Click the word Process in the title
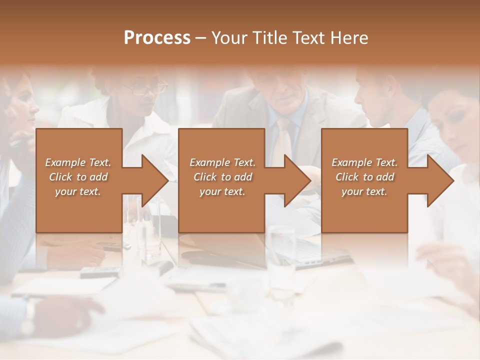tap(157, 38)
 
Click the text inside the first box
tap(78, 177)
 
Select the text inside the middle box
tap(222, 177)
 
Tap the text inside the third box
tap(364, 177)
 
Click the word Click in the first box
tap(60, 177)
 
